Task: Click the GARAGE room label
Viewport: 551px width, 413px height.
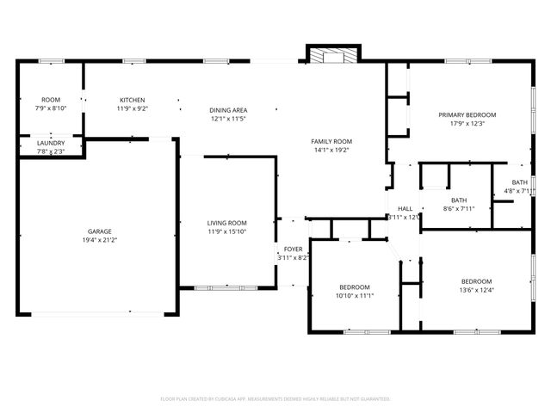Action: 98,231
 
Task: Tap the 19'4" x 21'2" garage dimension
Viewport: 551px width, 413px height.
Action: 98,240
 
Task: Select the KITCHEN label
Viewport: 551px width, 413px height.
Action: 132,100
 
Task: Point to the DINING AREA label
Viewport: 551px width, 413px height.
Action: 228,110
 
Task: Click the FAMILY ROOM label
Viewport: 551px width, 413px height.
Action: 331,141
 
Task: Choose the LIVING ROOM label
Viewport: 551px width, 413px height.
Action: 226,223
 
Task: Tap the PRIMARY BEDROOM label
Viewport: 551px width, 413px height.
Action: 467,114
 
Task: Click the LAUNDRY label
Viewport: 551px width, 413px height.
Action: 50,143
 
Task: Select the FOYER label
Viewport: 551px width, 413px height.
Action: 294,249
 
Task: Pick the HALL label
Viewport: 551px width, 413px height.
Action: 405,208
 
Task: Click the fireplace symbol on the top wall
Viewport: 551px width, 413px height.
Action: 330,56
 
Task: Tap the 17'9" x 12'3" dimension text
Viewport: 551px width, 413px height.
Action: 467,123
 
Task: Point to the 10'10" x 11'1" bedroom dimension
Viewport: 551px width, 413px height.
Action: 354,295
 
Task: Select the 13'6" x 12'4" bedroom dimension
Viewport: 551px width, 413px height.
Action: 476,290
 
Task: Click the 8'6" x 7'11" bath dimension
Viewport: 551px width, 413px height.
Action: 458,208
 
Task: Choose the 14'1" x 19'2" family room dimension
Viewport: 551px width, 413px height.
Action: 331,150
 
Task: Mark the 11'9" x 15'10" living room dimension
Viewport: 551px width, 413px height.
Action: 226,231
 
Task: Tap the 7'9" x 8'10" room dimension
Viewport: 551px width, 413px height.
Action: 50,108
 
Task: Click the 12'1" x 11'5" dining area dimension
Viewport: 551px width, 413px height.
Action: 228,119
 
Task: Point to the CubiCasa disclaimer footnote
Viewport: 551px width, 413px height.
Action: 275,398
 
